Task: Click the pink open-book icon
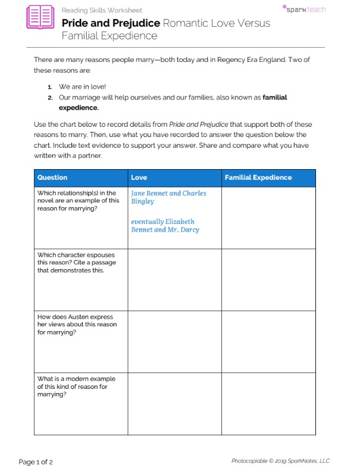(40, 17)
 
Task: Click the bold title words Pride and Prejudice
(111, 23)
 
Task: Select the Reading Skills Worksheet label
(102, 10)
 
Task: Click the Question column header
(52, 177)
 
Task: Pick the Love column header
(139, 177)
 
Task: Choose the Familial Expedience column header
(258, 177)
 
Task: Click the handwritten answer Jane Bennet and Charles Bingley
(168, 197)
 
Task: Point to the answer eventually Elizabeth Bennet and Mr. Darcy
(165, 226)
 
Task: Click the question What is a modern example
(76, 386)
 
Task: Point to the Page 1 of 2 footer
(36, 461)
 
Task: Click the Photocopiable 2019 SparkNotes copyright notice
(280, 461)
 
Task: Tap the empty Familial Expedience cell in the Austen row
(268, 341)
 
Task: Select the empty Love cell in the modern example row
(174, 403)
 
